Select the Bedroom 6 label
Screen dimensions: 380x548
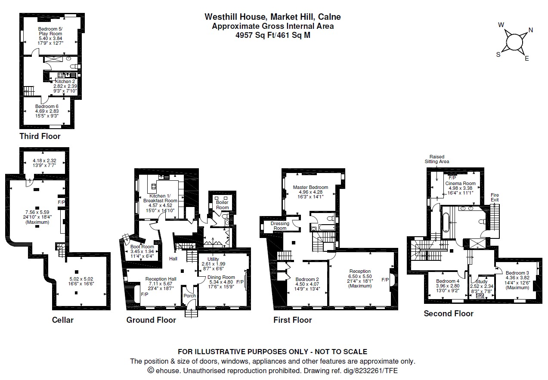[47, 106]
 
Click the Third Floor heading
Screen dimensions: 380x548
[40, 136]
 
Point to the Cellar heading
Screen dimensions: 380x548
[62, 320]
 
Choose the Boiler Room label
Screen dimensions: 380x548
[222, 205]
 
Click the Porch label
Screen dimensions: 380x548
[190, 296]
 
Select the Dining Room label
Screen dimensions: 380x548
[221, 277]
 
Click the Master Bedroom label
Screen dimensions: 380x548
[310, 187]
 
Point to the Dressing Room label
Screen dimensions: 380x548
[280, 226]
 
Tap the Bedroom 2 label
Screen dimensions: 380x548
[307, 279]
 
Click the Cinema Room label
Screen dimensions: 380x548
[460, 183]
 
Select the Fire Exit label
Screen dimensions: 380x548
[495, 198]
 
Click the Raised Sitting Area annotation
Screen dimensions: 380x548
[437, 159]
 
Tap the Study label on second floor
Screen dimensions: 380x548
[481, 281]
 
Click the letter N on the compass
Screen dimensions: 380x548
[531, 30]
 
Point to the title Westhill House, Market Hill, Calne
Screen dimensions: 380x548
[272, 17]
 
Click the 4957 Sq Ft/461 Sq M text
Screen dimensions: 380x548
[272, 35]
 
